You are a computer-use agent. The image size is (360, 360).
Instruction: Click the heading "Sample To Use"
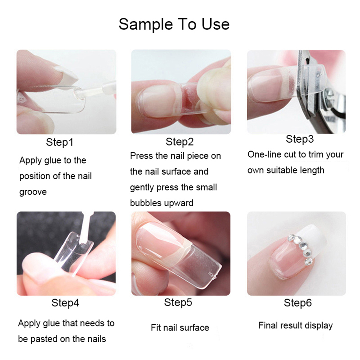click(174, 24)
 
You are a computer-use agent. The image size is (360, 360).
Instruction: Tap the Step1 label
click(60, 142)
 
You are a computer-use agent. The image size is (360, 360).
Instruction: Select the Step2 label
click(180, 142)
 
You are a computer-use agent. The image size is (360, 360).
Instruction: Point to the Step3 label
click(300, 139)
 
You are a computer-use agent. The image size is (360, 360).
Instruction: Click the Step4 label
click(65, 303)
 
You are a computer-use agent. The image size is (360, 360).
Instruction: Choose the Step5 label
click(178, 303)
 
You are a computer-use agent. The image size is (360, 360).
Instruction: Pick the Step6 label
click(297, 303)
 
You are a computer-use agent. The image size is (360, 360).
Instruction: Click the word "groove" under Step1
click(33, 192)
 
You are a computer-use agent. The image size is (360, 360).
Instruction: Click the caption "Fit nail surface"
click(180, 328)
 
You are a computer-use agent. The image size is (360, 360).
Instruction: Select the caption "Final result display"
click(295, 326)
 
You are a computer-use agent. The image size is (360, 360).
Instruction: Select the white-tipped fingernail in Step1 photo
click(66, 73)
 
